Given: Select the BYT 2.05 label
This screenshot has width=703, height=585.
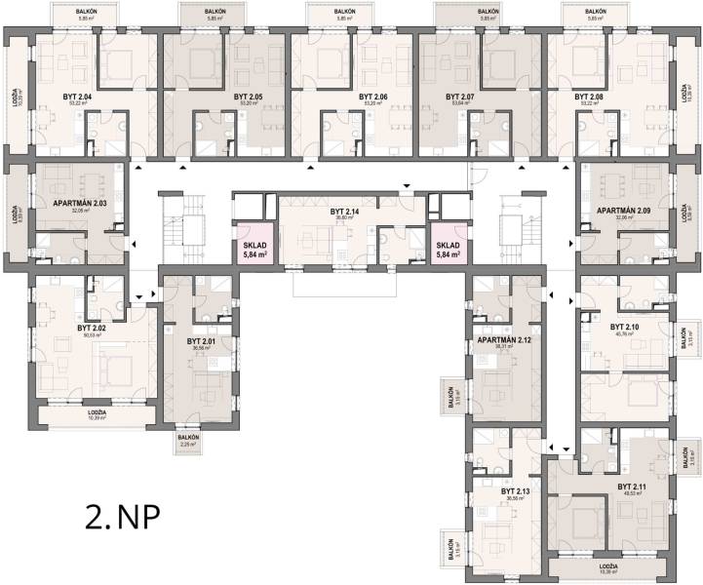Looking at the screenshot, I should coord(249,97).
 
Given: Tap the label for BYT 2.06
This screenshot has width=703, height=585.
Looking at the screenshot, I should coord(373,97).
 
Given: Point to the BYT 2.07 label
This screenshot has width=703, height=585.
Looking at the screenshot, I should coord(460,97).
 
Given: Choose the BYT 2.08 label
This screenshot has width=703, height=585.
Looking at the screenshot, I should coord(589,97).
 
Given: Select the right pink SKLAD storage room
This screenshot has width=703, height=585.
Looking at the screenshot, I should coord(449,249).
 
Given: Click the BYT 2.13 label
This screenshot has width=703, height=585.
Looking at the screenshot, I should coord(516,491).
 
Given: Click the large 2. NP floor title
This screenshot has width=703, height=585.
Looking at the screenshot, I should coord(122,516).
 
